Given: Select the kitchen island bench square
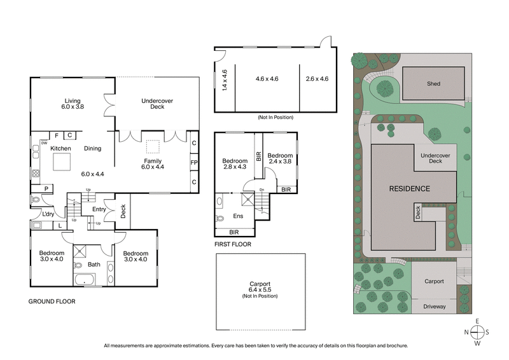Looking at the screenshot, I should [61, 163].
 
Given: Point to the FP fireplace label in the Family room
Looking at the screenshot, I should [193, 162].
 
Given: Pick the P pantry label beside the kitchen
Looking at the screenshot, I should [46, 188].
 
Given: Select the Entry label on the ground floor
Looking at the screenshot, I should [99, 209].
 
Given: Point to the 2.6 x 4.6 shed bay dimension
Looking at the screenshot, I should [317, 79].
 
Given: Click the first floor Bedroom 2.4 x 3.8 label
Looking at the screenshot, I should [280, 158].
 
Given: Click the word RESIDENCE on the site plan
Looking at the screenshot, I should [410, 189].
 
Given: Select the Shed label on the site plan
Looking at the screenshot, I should [433, 83].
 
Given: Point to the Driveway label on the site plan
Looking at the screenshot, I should [434, 307].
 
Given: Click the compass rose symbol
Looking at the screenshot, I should [477, 332].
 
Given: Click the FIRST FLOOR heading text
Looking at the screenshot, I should [233, 244].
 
